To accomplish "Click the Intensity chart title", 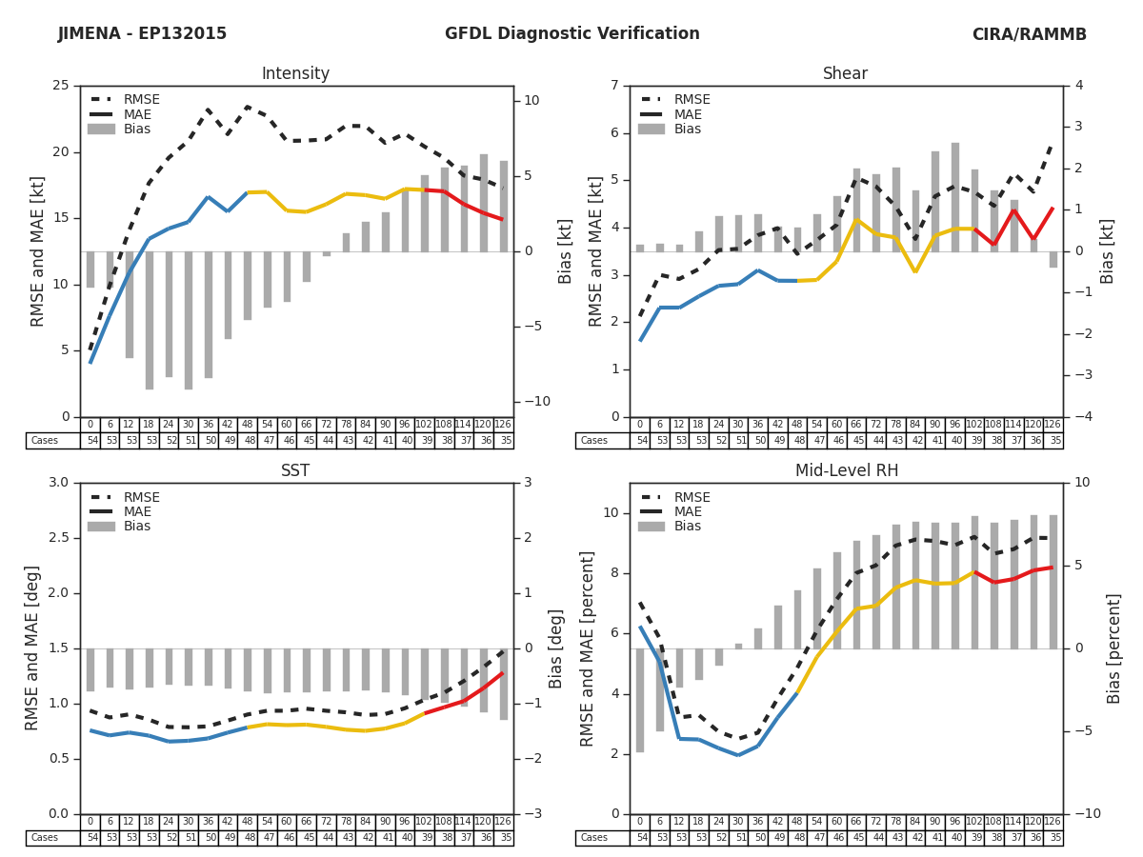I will (295, 74).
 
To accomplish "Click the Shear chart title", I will (845, 74).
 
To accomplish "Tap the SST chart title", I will (295, 471).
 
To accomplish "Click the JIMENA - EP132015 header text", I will (142, 34).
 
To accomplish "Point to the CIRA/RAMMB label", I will (1029, 34).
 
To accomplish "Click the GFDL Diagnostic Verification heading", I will (571, 34).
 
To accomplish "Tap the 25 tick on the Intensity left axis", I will (61, 86).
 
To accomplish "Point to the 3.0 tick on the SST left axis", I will (56, 483).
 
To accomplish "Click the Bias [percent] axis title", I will (1114, 648).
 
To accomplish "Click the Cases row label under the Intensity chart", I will (45, 441).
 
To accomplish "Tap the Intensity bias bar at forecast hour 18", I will (150, 320).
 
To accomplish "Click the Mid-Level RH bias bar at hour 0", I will (640, 700).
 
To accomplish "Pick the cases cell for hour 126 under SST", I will (503, 838).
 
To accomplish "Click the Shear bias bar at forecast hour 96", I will (955, 197).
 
